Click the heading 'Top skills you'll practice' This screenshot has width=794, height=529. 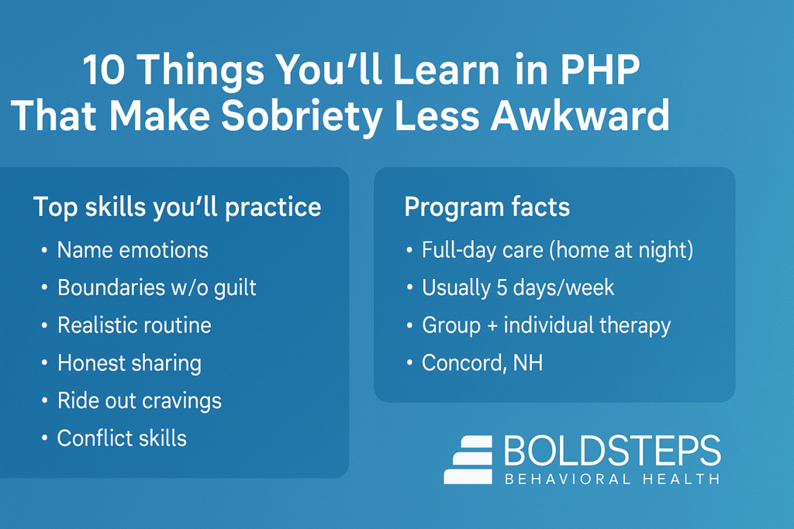click(x=177, y=207)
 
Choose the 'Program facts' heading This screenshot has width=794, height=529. click(x=487, y=207)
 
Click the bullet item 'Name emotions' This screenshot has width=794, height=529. click(x=133, y=250)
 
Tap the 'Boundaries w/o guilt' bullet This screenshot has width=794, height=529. click(x=157, y=288)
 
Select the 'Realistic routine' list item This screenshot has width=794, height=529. click(x=134, y=325)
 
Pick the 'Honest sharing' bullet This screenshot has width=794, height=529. click(x=129, y=362)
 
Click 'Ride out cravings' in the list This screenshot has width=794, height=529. click(x=140, y=400)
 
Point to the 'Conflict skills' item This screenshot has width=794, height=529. click(x=122, y=438)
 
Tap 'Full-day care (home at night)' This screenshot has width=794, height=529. click(x=557, y=250)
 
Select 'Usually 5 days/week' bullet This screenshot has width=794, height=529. click(x=518, y=288)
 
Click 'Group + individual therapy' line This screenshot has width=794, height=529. click(x=546, y=325)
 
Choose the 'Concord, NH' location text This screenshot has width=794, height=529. click(x=482, y=362)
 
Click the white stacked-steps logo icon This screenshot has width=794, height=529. click(x=468, y=459)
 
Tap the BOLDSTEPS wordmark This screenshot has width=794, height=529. click(x=612, y=452)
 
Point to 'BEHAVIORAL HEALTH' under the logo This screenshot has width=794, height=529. click(x=612, y=479)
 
